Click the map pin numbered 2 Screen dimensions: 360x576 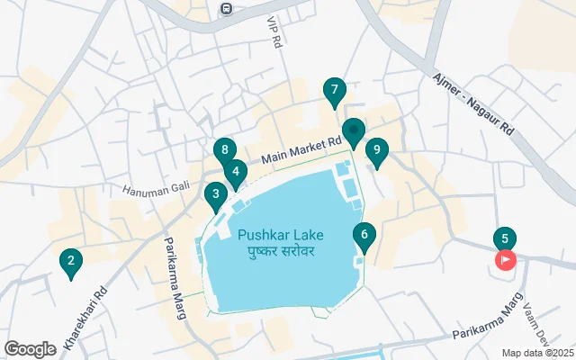click(x=69, y=262)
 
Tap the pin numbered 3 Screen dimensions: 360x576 click(x=215, y=193)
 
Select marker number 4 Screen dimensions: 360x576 click(x=235, y=171)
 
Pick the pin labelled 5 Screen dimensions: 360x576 click(x=504, y=238)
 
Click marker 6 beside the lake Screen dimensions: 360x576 click(x=364, y=237)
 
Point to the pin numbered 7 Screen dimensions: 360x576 click(x=334, y=90)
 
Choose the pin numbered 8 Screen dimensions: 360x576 click(x=224, y=150)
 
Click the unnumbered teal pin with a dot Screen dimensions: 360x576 click(x=353, y=131)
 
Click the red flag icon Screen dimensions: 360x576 click(x=506, y=261)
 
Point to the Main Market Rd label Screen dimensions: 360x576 click(x=301, y=150)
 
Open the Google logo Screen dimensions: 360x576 click(x=30, y=349)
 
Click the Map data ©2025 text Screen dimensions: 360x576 click(x=536, y=353)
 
